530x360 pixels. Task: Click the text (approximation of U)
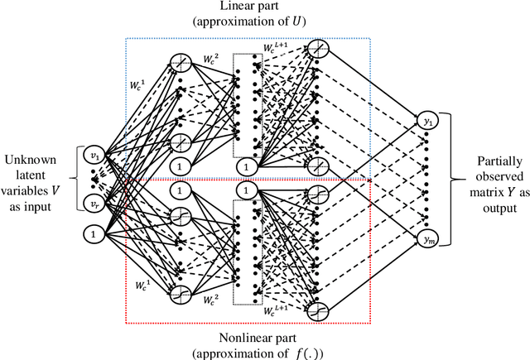point(265,23)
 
